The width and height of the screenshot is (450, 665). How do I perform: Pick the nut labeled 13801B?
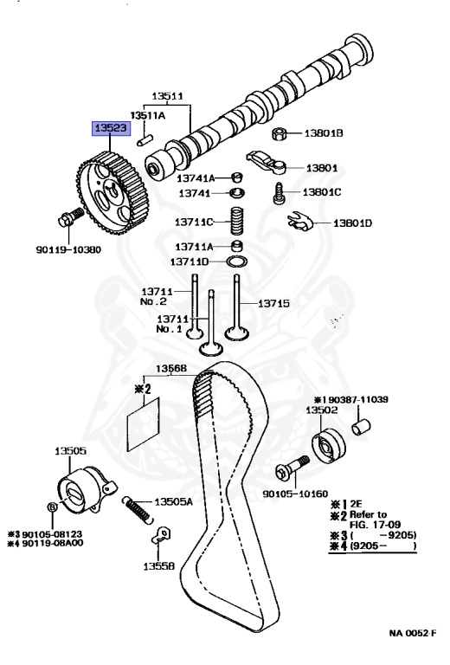pos(280,133)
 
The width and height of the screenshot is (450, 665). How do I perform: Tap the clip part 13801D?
pos(299,223)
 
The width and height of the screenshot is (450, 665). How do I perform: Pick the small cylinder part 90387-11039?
pos(362,427)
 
